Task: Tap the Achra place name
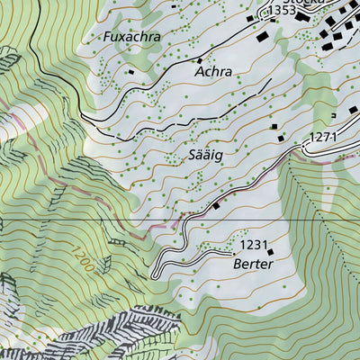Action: pos(213,70)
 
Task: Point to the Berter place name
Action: pos(252,265)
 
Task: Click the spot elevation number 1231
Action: pos(255,245)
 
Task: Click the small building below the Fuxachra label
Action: pos(131,71)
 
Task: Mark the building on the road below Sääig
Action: pos(216,204)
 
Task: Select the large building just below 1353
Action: pos(263,38)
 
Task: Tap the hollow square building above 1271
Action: pos(334,115)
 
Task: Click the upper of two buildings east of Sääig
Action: pos(275,127)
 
